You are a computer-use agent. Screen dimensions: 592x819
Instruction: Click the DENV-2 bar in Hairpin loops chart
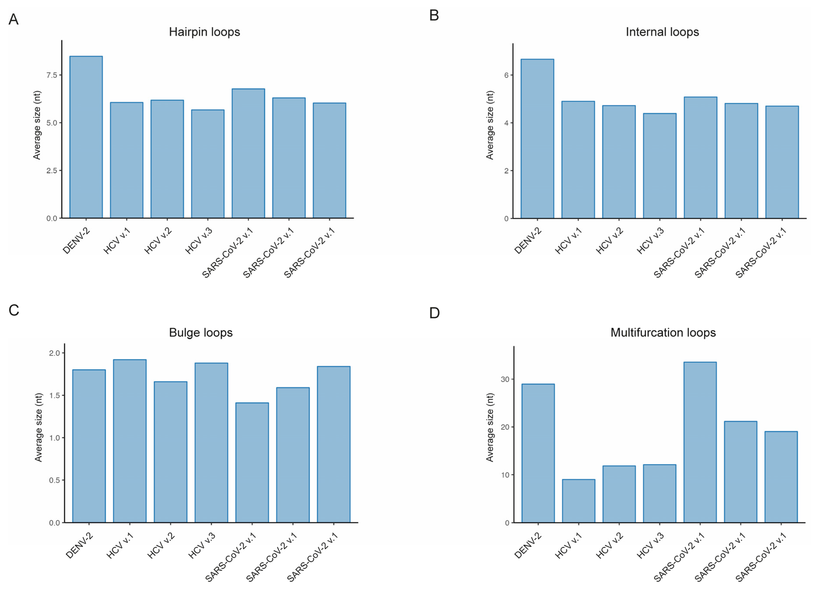click(x=86, y=137)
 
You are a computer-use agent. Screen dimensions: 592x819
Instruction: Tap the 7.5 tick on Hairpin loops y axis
click(x=52, y=75)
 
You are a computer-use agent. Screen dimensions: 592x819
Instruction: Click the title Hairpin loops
click(x=204, y=32)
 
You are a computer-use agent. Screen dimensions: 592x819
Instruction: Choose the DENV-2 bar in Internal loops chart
click(x=537, y=139)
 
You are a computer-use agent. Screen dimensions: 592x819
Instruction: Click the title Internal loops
click(x=662, y=32)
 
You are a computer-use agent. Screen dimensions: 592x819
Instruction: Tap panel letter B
click(x=434, y=15)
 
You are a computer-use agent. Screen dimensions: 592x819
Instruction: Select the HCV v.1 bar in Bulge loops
click(x=130, y=441)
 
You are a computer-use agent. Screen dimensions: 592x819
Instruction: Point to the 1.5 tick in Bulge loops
click(x=55, y=395)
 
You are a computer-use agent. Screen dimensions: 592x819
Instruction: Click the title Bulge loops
click(x=201, y=333)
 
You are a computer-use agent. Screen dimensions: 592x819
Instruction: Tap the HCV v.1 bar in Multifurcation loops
click(x=579, y=501)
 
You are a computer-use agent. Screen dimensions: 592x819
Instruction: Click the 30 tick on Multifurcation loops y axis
click(x=505, y=379)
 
